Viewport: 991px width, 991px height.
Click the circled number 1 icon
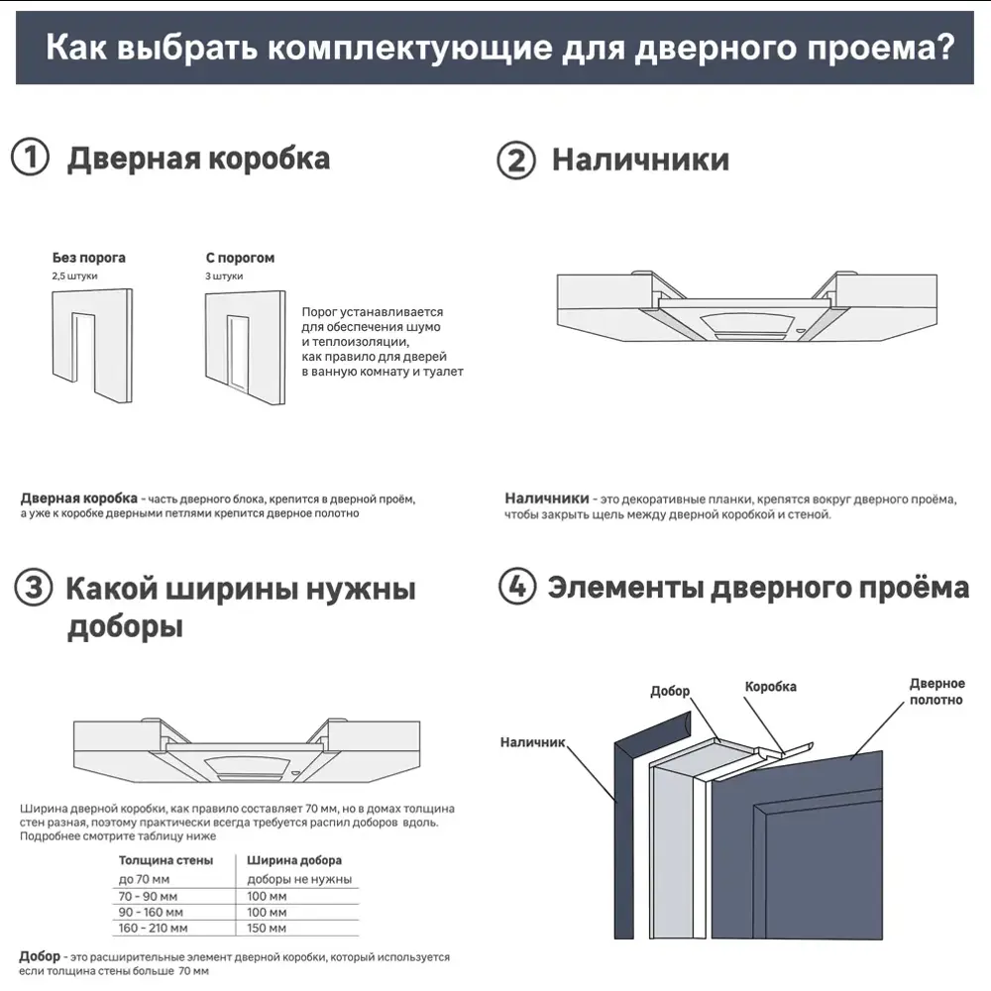[31, 159]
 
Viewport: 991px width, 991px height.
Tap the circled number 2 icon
[515, 161]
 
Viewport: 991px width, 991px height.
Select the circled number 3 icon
[34, 589]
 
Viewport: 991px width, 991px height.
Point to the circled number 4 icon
[515, 587]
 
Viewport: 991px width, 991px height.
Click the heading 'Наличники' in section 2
[640, 160]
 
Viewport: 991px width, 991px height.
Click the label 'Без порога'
[88, 258]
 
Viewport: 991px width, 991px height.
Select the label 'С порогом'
[240, 258]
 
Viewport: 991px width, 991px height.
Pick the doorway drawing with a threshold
[243, 347]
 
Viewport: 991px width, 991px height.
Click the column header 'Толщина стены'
[165, 860]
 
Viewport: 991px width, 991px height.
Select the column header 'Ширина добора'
[294, 860]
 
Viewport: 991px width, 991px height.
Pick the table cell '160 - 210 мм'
[154, 928]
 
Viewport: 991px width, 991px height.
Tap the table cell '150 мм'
[267, 928]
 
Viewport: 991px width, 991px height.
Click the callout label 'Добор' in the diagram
[670, 691]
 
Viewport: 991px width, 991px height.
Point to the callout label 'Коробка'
[770, 686]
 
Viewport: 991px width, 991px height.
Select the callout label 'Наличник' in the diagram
[532, 741]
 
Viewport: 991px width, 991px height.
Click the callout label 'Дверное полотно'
[936, 692]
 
